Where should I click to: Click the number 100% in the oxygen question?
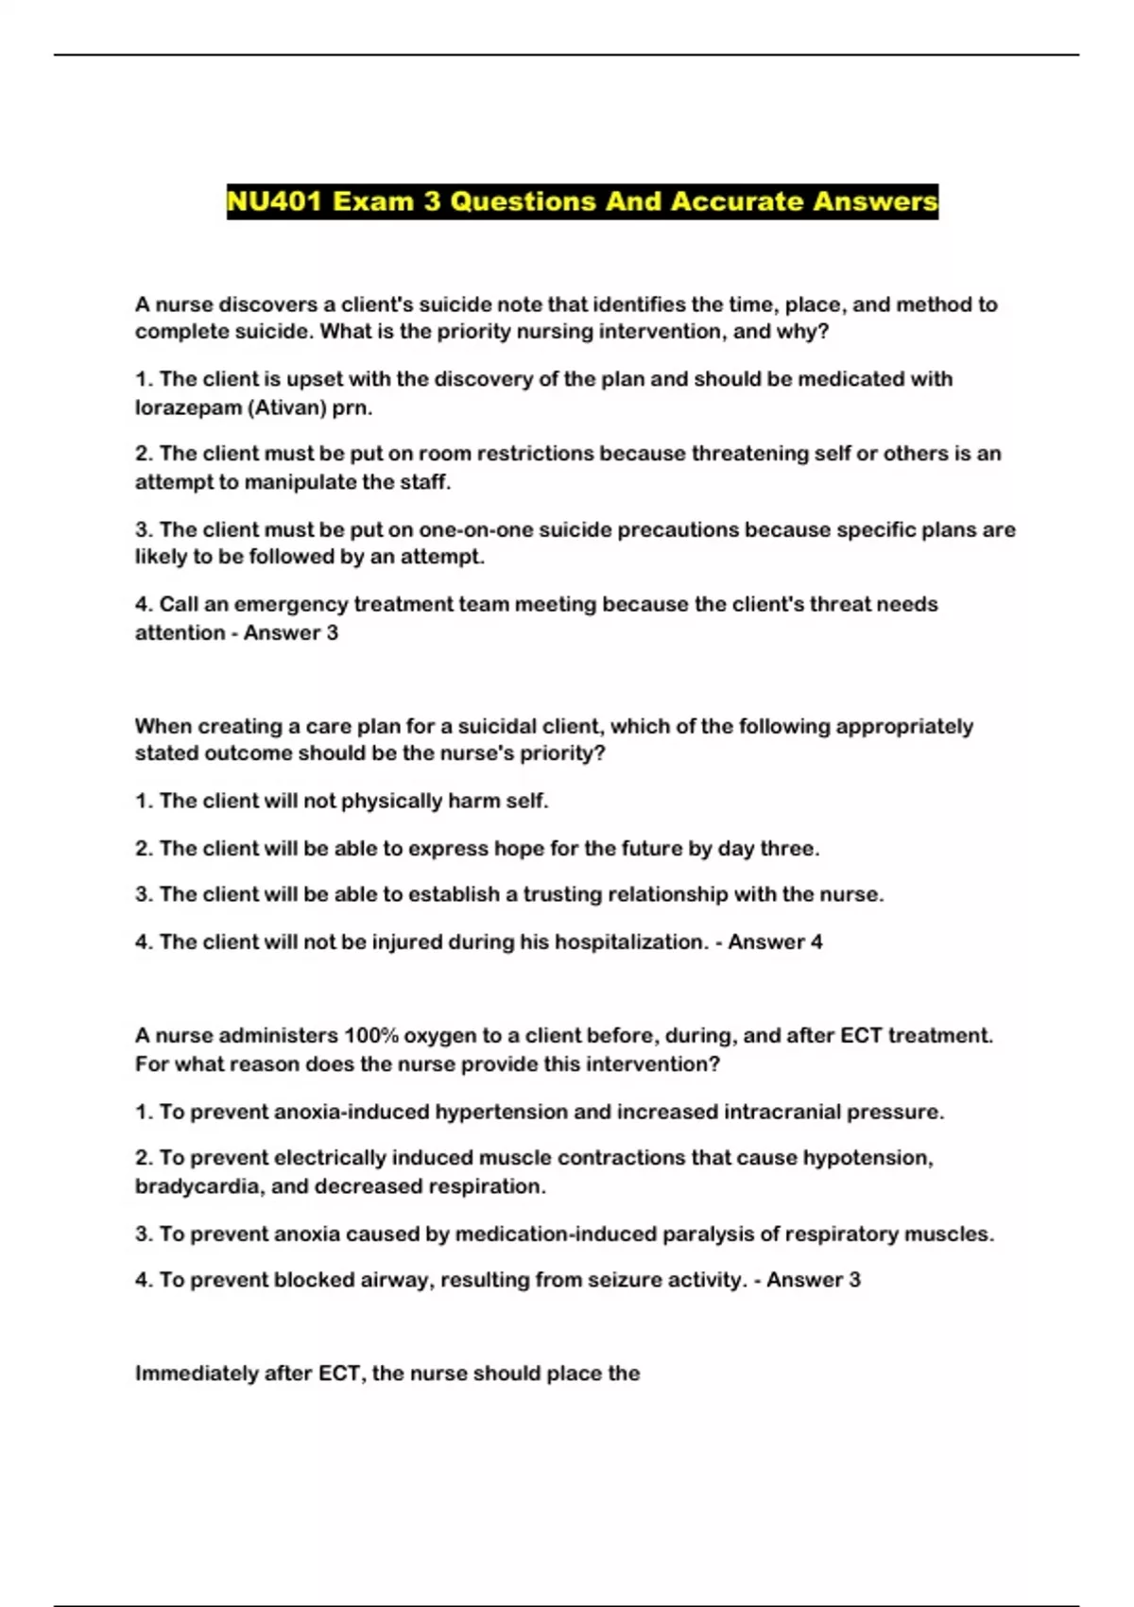(x=370, y=1035)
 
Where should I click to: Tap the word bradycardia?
(x=198, y=1186)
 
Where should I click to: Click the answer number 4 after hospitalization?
(x=816, y=942)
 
